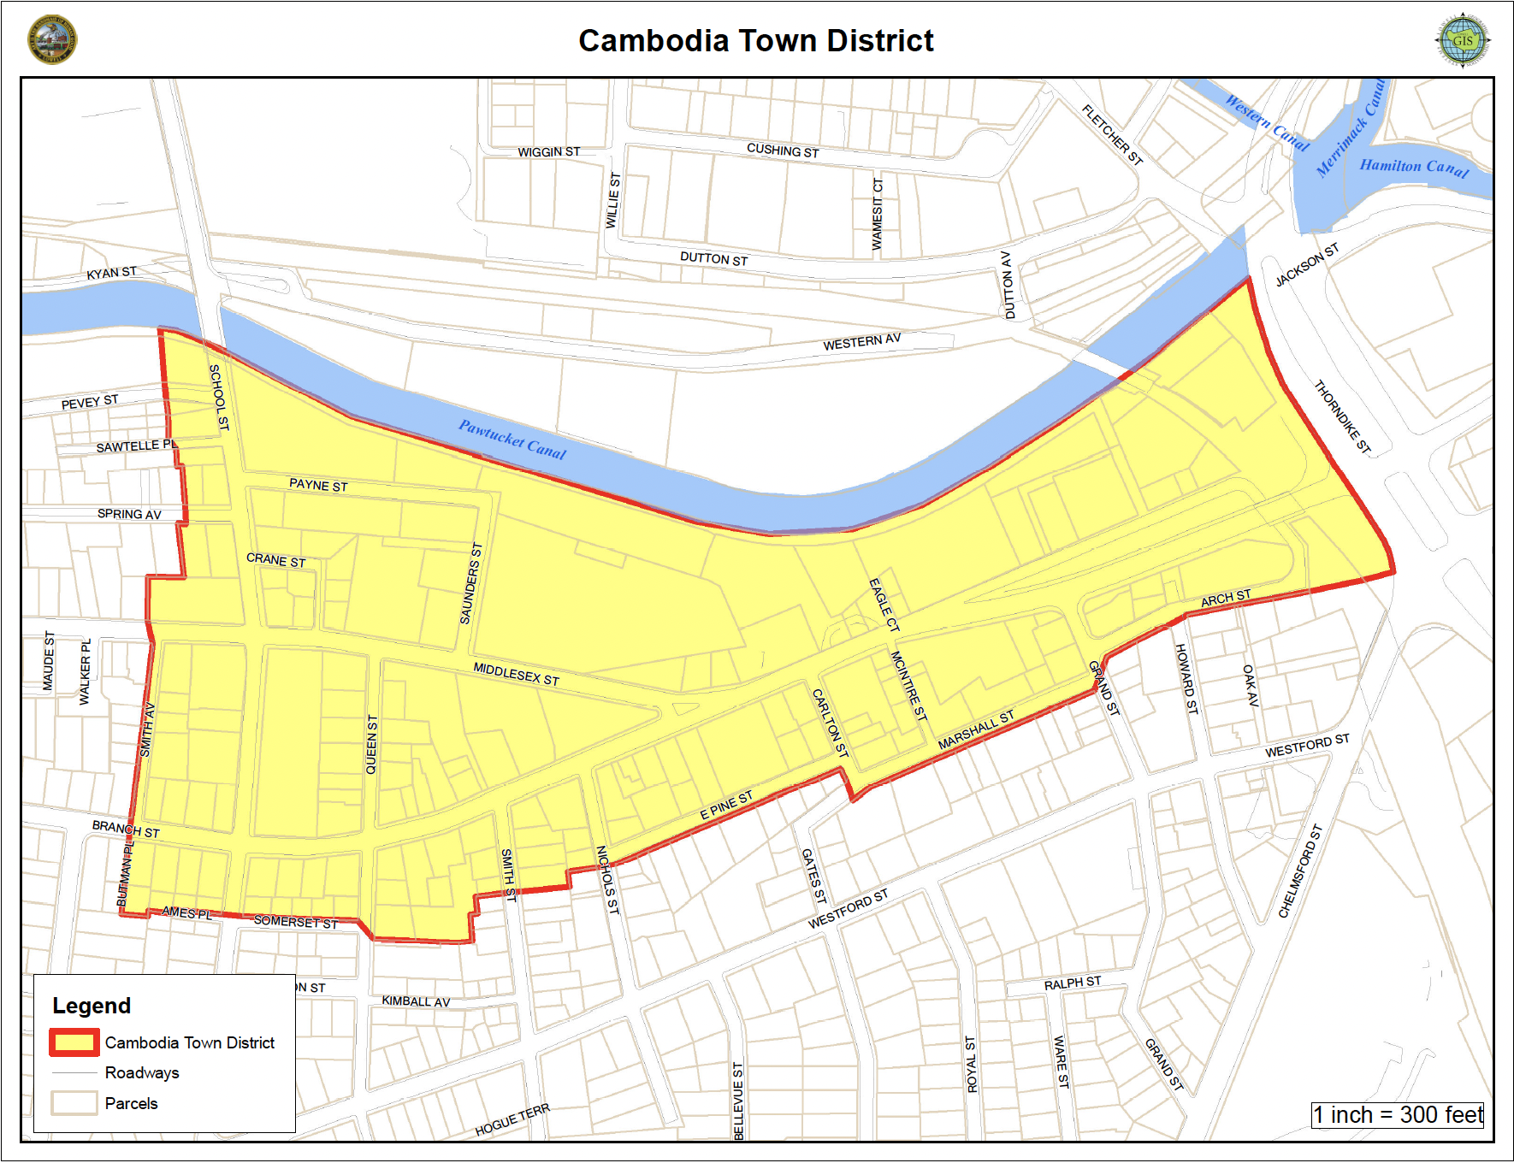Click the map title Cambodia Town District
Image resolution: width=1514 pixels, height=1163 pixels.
point(756,41)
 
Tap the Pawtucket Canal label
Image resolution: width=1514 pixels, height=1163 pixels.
point(512,439)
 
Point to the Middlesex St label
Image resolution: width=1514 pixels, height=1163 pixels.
point(517,674)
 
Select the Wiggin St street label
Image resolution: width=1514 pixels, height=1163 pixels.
point(549,152)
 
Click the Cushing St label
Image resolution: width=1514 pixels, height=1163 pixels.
point(783,151)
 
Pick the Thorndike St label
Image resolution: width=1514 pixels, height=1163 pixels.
point(1342,416)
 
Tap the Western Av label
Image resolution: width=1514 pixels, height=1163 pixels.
point(861,342)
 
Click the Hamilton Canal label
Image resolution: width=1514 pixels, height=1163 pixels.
point(1414,168)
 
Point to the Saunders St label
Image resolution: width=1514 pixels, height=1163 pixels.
point(471,583)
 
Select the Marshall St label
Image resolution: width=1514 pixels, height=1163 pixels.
point(976,730)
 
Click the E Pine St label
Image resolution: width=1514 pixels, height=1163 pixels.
point(727,806)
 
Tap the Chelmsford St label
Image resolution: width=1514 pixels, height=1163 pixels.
point(1300,871)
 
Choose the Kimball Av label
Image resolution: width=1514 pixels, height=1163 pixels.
point(416,1001)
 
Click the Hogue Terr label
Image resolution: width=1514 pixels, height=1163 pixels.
point(512,1119)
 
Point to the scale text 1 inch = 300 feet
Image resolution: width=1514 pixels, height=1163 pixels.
point(1398,1115)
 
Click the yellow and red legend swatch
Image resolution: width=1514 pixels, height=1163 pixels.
point(73,1042)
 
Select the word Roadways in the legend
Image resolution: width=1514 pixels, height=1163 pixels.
point(142,1073)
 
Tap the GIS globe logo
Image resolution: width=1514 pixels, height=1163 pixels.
point(1462,40)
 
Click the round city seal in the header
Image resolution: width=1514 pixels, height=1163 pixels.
point(52,39)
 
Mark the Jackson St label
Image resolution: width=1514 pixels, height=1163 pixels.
point(1306,266)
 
